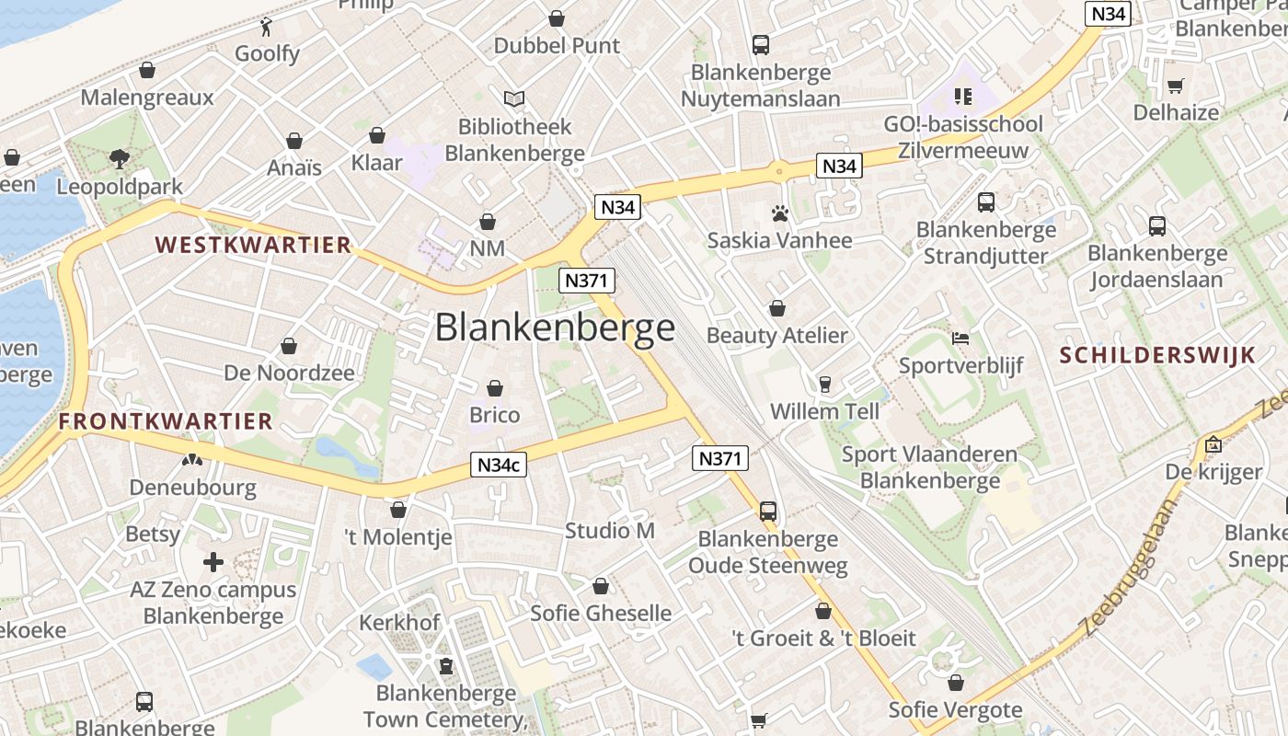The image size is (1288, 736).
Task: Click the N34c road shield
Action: click(500, 465)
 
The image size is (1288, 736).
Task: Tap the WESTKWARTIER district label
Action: click(253, 245)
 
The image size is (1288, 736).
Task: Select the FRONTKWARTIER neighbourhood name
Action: click(166, 421)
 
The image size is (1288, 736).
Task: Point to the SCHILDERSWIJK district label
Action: click(1157, 355)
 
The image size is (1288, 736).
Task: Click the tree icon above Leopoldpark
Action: click(119, 158)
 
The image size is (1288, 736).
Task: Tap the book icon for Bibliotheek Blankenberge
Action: click(514, 98)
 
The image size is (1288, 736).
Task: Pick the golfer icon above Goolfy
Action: click(267, 26)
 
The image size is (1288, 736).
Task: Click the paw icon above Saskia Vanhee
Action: click(780, 214)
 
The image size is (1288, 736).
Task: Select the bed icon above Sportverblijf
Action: click(960, 338)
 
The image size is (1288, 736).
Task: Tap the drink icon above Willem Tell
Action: click(824, 384)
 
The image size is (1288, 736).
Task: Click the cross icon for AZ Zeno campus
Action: click(213, 561)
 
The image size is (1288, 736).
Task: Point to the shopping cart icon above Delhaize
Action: click(1175, 86)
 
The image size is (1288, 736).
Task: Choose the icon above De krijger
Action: click(1213, 444)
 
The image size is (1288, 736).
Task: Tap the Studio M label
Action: click(610, 530)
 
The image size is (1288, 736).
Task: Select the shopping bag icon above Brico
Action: click(495, 388)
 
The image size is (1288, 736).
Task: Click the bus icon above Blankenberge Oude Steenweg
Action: click(767, 511)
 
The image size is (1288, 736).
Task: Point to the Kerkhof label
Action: click(399, 622)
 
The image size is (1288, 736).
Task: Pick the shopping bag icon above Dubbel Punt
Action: click(557, 18)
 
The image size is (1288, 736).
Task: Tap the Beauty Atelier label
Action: click(776, 335)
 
